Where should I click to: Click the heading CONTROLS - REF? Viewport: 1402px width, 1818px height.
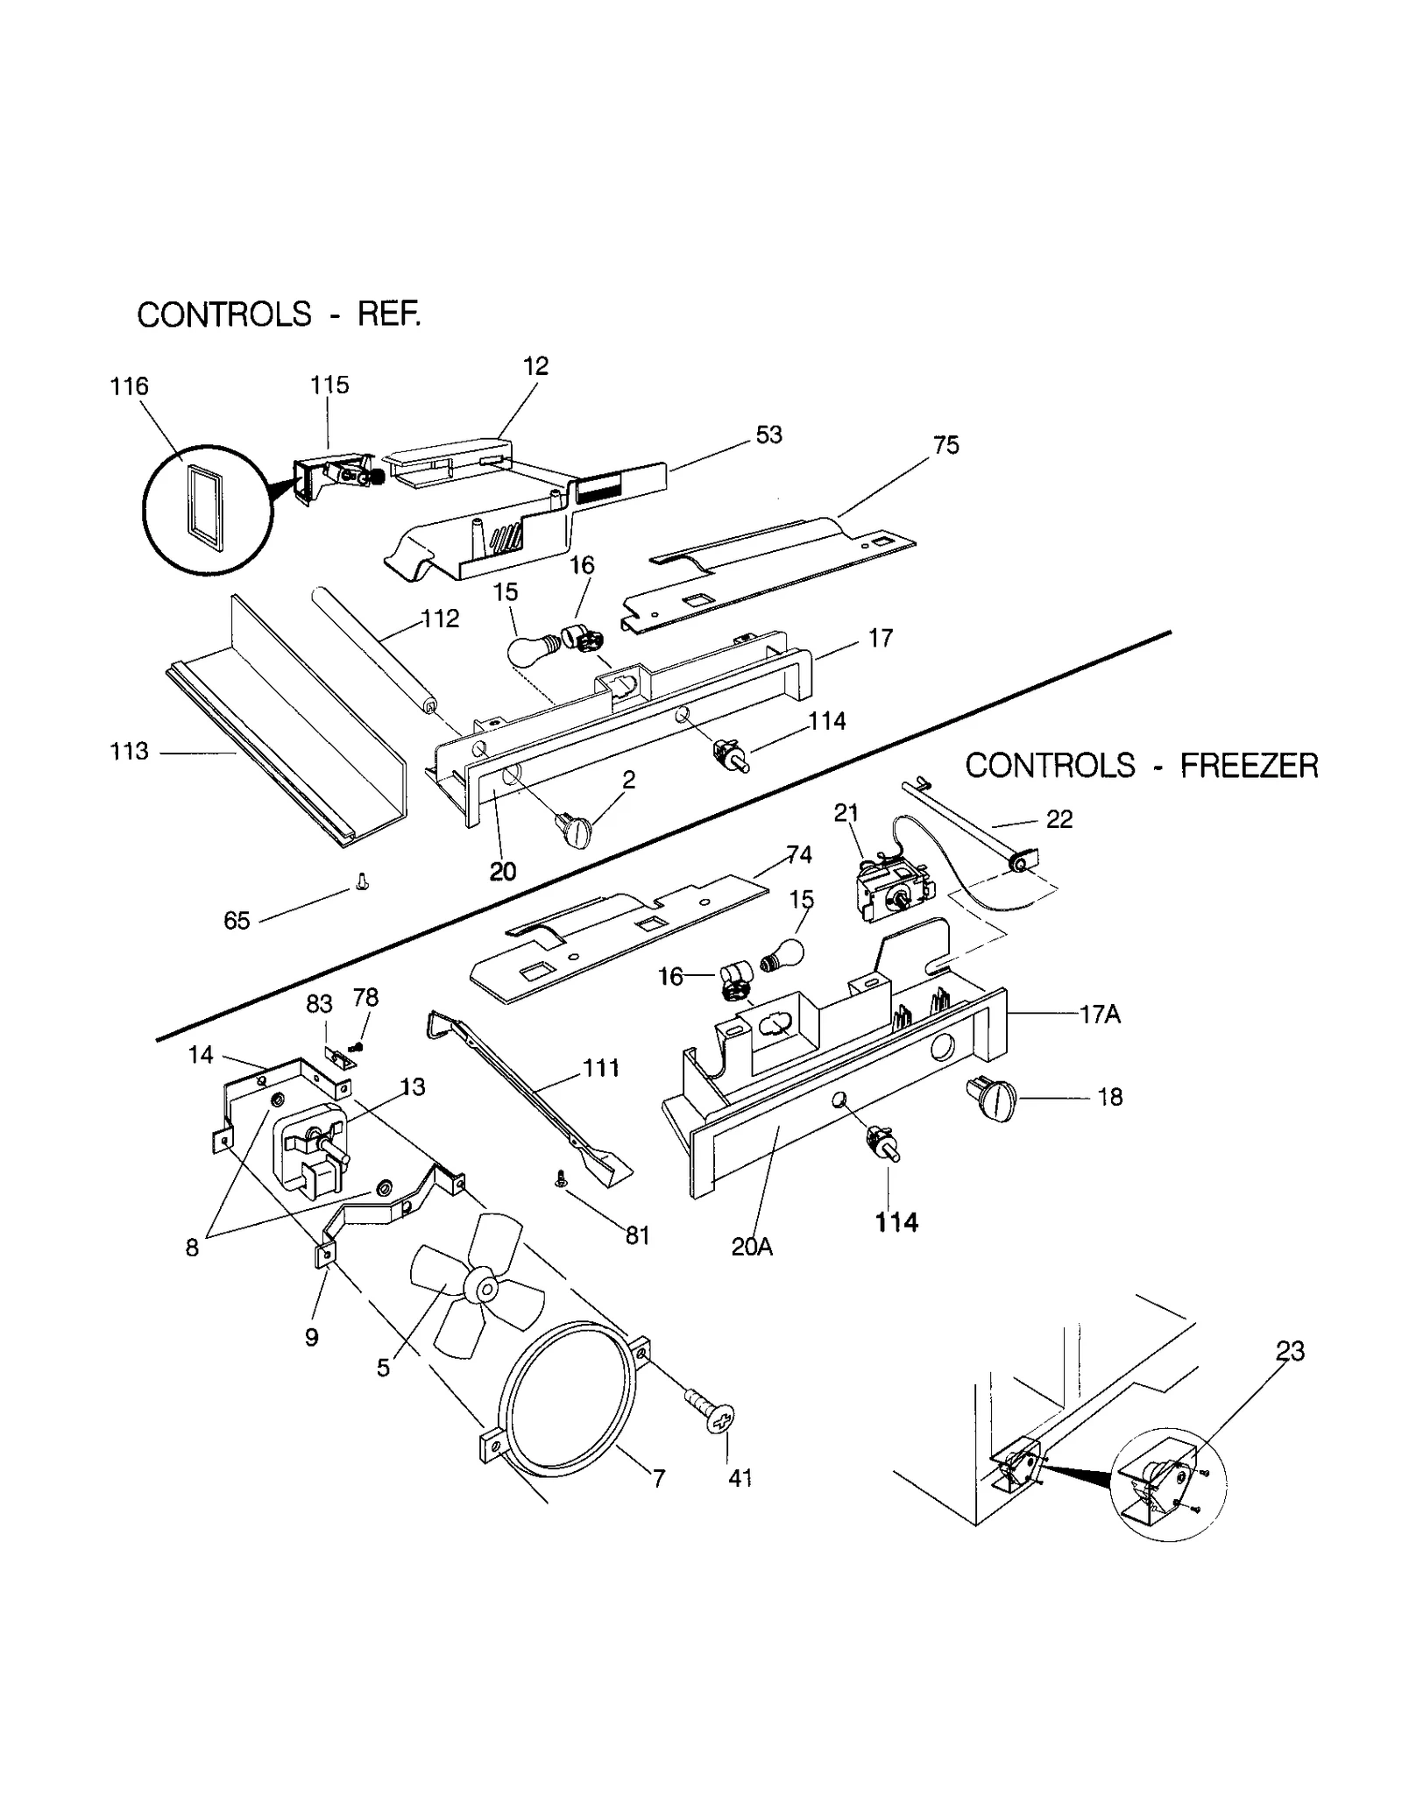[279, 315]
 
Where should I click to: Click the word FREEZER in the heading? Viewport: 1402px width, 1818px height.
[1248, 767]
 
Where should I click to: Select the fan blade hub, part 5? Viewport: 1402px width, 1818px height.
[483, 1288]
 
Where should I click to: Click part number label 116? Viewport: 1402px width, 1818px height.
[129, 386]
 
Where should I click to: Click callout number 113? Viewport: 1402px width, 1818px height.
[129, 752]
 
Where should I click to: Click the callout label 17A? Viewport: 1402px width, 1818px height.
[1101, 1015]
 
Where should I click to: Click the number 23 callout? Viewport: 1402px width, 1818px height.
[1290, 1352]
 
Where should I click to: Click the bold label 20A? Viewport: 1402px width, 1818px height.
[752, 1247]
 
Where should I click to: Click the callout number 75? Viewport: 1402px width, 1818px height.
[946, 445]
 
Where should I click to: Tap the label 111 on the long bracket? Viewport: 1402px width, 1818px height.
[601, 1068]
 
